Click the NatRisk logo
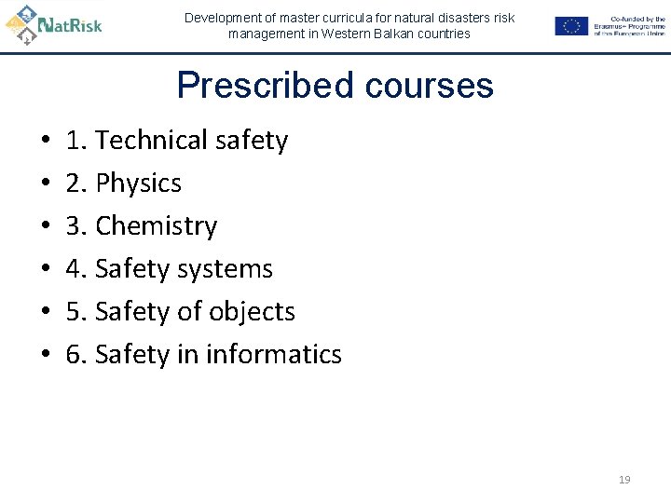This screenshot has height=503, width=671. pyautogui.click(x=53, y=23)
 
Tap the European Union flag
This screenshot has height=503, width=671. pyautogui.click(x=571, y=26)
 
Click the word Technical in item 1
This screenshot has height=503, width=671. pyautogui.click(x=152, y=141)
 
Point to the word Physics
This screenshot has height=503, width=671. pyautogui.click(x=138, y=184)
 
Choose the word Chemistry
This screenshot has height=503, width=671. pyautogui.click(x=156, y=226)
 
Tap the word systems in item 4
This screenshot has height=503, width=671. pyautogui.click(x=228, y=269)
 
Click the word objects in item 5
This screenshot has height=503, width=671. pyautogui.click(x=252, y=312)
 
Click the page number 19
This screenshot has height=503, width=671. pyautogui.click(x=624, y=480)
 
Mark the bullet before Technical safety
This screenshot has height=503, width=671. pyautogui.click(x=46, y=142)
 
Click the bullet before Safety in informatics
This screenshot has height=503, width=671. pyautogui.click(x=46, y=356)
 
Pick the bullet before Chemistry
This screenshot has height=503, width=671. pyautogui.click(x=46, y=227)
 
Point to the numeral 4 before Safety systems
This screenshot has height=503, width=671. pyautogui.click(x=75, y=269)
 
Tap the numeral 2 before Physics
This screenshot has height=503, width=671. pyautogui.click(x=75, y=184)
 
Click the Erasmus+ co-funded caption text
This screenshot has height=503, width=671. pyautogui.click(x=629, y=26)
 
